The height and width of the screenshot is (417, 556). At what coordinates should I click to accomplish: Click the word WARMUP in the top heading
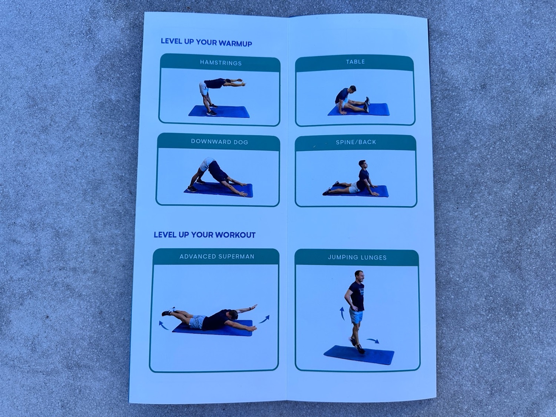235,43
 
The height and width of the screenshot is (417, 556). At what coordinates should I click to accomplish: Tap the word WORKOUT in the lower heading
235,235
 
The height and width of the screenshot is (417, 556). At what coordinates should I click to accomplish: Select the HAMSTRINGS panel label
221,63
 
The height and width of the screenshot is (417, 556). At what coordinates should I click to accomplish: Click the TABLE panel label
355,62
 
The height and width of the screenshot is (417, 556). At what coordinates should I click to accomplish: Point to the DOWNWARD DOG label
219,142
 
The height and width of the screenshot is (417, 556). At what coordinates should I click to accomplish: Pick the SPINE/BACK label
356,142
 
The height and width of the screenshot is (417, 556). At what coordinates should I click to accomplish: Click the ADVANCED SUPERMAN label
217,257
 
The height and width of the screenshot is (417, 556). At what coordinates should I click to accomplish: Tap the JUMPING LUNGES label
357,258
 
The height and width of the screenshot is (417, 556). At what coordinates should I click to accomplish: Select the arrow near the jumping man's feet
373,341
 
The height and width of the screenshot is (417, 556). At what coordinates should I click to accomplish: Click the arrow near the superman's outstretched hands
264,319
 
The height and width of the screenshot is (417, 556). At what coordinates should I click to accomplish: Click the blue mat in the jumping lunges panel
359,355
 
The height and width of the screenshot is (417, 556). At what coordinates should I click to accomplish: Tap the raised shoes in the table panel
367,104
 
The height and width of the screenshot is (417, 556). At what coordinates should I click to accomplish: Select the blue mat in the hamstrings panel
219,112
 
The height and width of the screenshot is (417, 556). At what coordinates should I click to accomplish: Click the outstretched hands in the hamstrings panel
240,82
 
